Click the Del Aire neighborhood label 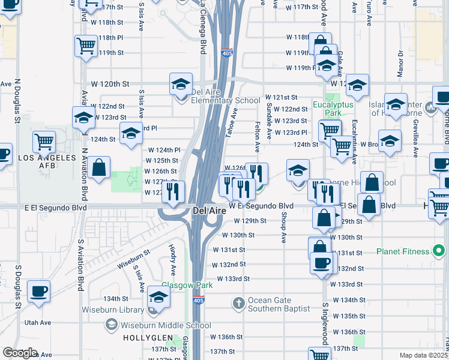click(209, 211)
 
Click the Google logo click(19, 352)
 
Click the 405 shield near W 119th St click(226, 53)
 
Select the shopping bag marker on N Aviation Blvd click(100, 167)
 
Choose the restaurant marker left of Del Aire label click(173, 192)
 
